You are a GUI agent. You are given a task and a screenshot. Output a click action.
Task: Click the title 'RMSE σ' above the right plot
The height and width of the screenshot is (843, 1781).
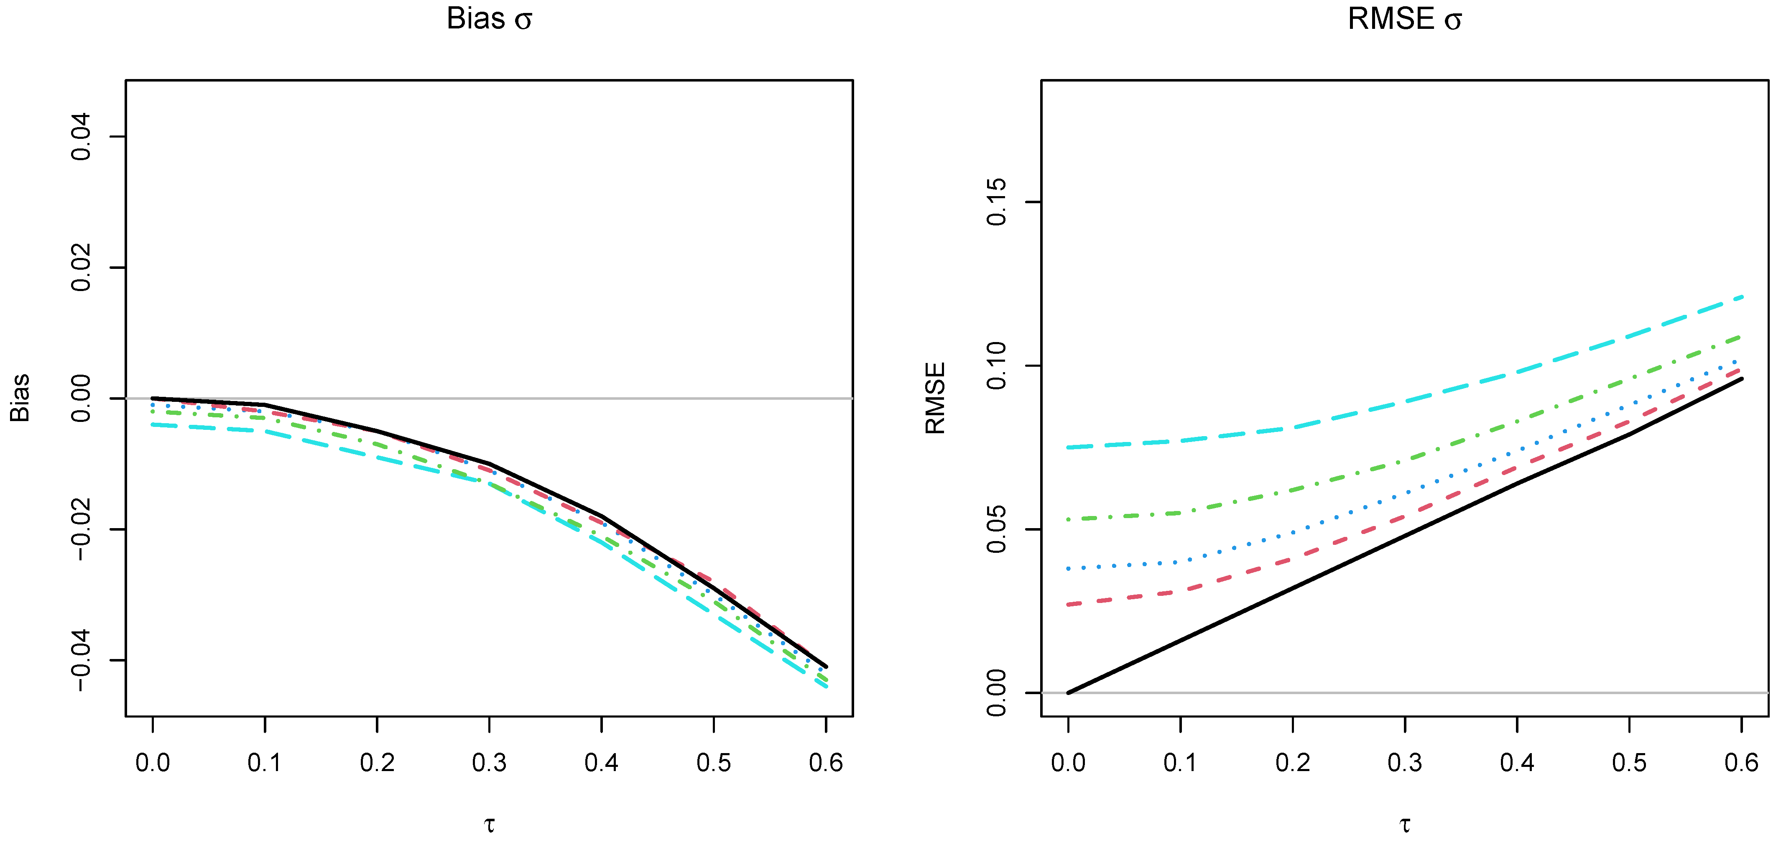pyautogui.click(x=1404, y=19)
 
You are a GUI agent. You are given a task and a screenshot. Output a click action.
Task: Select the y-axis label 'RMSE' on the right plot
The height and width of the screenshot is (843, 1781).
pyautogui.click(x=935, y=399)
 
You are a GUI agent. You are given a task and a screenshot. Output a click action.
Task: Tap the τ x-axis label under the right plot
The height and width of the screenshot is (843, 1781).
pyautogui.click(x=1404, y=824)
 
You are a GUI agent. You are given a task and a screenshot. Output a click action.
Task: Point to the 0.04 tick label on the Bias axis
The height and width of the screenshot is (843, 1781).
pyautogui.click(x=81, y=137)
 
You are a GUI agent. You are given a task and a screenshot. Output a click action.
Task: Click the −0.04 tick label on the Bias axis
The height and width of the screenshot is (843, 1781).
pyautogui.click(x=81, y=660)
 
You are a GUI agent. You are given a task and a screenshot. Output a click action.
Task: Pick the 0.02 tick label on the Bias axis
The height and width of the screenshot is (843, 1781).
pyautogui.click(x=81, y=268)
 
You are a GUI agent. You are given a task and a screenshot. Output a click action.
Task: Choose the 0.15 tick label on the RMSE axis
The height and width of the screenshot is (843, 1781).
pyautogui.click(x=996, y=202)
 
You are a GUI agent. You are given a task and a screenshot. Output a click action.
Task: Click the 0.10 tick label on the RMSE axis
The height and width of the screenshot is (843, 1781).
pyautogui.click(x=996, y=366)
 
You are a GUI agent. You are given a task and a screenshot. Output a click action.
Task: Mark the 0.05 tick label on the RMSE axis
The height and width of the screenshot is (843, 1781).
pyautogui.click(x=996, y=529)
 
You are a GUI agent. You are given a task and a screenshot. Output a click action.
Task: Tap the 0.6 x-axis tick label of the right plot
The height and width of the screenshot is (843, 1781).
pyautogui.click(x=1741, y=763)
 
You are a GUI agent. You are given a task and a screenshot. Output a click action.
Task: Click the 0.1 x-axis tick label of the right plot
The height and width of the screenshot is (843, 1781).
pyautogui.click(x=1180, y=763)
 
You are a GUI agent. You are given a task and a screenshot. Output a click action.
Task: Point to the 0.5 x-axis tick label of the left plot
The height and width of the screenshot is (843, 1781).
pyautogui.click(x=714, y=763)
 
